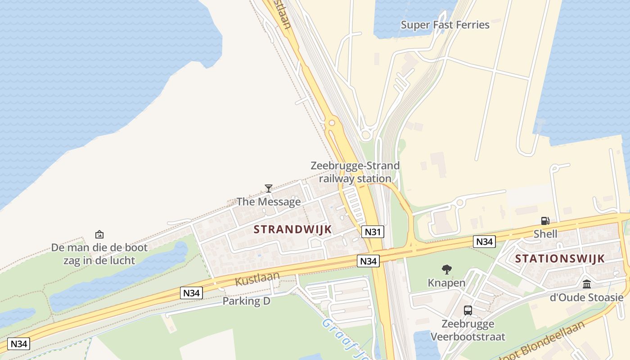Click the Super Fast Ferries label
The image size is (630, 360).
point(445,25)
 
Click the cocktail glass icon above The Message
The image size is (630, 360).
point(269,188)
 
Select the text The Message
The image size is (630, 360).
point(269,202)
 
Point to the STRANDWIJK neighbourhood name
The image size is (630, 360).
point(292,229)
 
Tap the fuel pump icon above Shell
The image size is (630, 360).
point(545,220)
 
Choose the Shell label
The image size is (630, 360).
point(545,234)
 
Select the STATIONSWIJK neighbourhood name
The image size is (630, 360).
point(560,259)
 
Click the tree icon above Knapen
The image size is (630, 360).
point(446,270)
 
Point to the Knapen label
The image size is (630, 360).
point(446,283)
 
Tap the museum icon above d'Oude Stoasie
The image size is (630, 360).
point(587,284)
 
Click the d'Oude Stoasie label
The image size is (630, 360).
point(587,297)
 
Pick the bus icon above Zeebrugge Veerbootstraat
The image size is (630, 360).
point(468,310)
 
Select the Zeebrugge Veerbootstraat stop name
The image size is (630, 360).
point(468,330)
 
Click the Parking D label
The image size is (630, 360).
point(247,301)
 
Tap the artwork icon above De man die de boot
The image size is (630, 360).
point(99,234)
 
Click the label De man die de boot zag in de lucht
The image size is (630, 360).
point(99,254)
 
